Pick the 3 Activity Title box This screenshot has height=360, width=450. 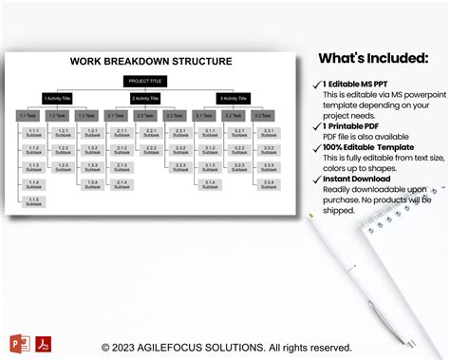point(234,98)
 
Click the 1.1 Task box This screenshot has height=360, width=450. point(29,116)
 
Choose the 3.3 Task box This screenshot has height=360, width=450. point(265,116)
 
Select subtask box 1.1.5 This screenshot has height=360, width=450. point(34,201)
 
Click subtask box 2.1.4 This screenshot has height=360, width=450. point(121,184)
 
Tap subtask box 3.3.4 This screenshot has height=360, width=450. point(269,184)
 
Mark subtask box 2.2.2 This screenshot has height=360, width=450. point(152,149)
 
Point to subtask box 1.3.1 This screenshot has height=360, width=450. point(92,132)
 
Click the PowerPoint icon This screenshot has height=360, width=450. point(19,343)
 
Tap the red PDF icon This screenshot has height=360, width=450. point(44,343)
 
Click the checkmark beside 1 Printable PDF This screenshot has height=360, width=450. point(316,125)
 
